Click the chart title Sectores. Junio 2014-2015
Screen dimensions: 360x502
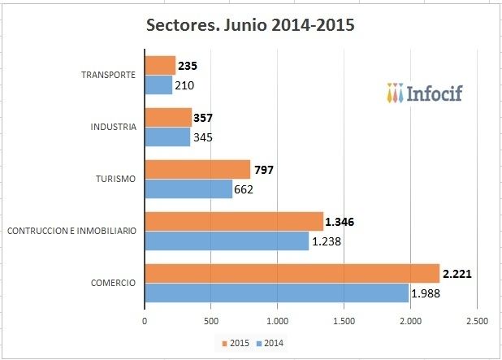pyautogui.click(x=250, y=24)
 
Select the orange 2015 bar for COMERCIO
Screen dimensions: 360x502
pyautogui.click(x=292, y=274)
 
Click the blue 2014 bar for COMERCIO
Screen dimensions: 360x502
pyautogui.click(x=276, y=293)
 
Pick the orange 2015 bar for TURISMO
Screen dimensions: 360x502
pyautogui.click(x=197, y=169)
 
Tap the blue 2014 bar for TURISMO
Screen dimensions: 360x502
pyautogui.click(x=188, y=189)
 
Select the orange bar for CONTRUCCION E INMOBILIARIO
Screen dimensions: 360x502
pyautogui.click(x=234, y=221)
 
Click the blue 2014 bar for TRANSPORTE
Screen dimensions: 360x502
pyautogui.click(x=158, y=85)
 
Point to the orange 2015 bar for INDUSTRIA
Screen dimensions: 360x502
pyautogui.click(x=168, y=117)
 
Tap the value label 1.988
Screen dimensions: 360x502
pyautogui.click(x=428, y=293)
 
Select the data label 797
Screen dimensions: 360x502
pyautogui.click(x=264, y=170)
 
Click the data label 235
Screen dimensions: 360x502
pyautogui.click(x=189, y=66)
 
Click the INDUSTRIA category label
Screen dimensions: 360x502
pyautogui.click(x=113, y=128)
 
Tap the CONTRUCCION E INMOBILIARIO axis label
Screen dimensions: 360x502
pyautogui.click(x=71, y=232)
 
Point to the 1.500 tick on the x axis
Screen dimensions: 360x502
pyautogui.click(x=344, y=322)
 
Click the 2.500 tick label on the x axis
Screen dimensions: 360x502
pyautogui.click(x=477, y=322)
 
